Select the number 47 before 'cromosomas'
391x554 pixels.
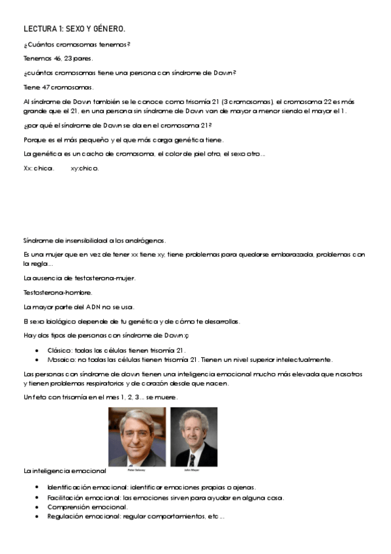pyautogui.click(x=43, y=87)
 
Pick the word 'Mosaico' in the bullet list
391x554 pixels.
pyautogui.click(x=61, y=359)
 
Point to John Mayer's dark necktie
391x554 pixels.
pyautogui.click(x=193, y=458)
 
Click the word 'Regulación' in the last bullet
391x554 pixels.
pyautogui.click(x=64, y=517)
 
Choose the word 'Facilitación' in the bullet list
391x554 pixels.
pyautogui.click(x=65, y=497)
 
